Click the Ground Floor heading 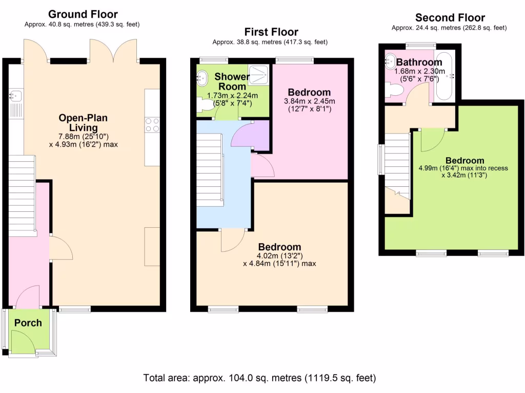click(83, 14)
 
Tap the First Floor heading click(271, 32)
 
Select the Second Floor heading click(450, 18)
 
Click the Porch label click(28, 323)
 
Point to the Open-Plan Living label click(84, 123)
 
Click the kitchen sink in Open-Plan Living click(15, 96)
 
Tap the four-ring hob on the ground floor click(152, 125)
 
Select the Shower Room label click(232, 81)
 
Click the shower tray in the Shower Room click(259, 75)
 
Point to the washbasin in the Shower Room click(202, 78)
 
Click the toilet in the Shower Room click(205, 104)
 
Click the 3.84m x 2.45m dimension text click(309, 101)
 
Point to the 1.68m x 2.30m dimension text click(419, 71)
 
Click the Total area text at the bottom click(260, 378)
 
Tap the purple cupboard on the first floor click(250, 136)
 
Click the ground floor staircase click(22, 196)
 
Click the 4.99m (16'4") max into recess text click(463, 168)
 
